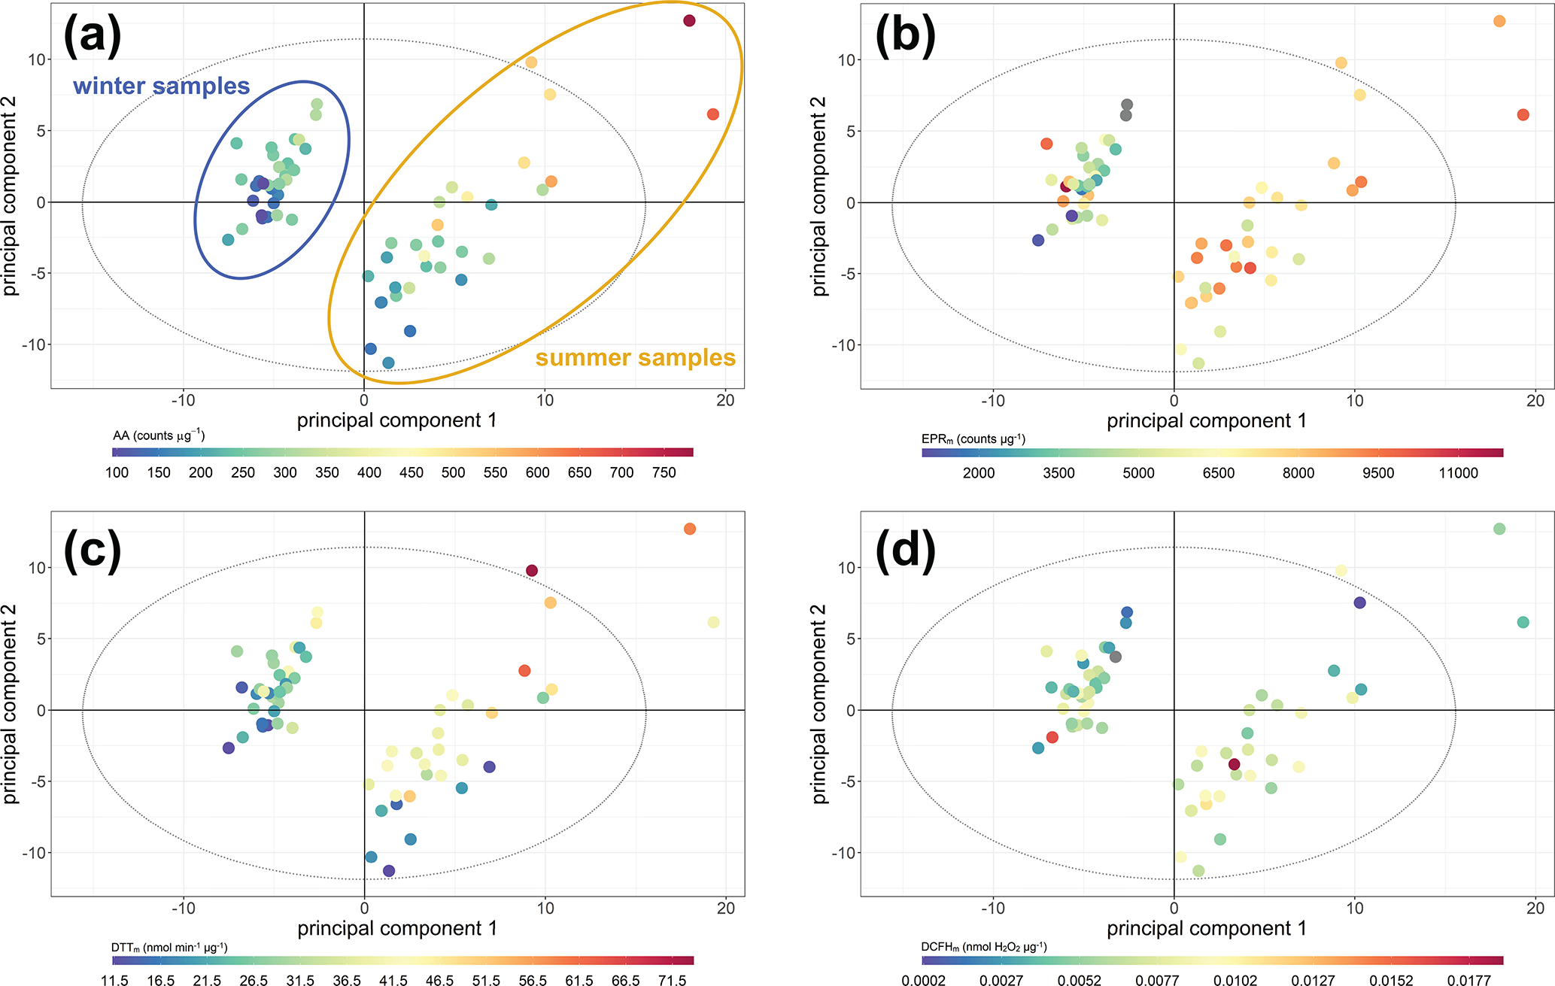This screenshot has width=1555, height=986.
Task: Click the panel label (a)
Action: [92, 35]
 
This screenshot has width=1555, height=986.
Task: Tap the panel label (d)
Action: [905, 548]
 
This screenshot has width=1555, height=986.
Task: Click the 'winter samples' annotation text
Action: [161, 86]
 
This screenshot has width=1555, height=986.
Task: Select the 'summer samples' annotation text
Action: [635, 357]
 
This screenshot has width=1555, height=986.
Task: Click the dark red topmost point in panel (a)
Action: [689, 21]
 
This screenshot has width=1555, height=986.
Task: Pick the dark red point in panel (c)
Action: [532, 571]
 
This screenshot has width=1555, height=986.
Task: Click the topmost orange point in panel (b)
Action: [1499, 21]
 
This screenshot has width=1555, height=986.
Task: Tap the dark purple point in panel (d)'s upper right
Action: [1359, 602]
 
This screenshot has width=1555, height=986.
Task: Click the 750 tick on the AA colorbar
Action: [664, 473]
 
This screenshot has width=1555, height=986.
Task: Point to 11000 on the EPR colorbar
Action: [1458, 474]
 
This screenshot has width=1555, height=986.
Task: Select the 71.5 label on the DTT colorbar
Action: [672, 981]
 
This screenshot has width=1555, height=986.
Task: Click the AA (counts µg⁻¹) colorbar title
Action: [159, 435]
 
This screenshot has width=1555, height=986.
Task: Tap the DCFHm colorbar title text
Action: [984, 947]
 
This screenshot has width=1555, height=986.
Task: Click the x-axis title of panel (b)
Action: [1206, 420]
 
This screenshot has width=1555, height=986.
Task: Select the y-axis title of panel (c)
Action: [11, 703]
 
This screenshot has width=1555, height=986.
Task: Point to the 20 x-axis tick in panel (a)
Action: [725, 401]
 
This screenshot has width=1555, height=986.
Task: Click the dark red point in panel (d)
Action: [1234, 765]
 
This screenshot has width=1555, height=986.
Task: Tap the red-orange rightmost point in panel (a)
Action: [713, 114]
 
